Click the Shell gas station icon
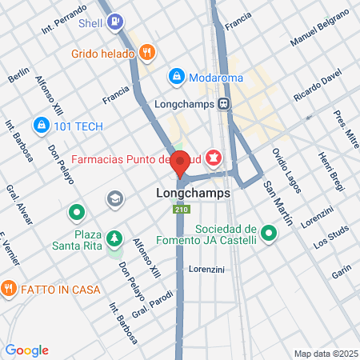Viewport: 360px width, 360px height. pos(116,22)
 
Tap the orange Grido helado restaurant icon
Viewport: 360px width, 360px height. pos(146,53)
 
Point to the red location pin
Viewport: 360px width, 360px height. pos(181,162)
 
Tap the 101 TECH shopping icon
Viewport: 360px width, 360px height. pos(40,125)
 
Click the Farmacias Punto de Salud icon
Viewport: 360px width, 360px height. pos(214,157)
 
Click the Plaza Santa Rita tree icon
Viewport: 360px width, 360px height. pos(114,238)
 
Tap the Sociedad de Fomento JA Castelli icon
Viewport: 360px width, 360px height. pos(269,235)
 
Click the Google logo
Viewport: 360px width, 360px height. pos(27,350)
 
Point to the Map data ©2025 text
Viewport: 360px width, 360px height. pos(323,354)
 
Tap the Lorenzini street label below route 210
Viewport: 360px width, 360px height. pos(206,270)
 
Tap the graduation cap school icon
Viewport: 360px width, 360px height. pos(116,198)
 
